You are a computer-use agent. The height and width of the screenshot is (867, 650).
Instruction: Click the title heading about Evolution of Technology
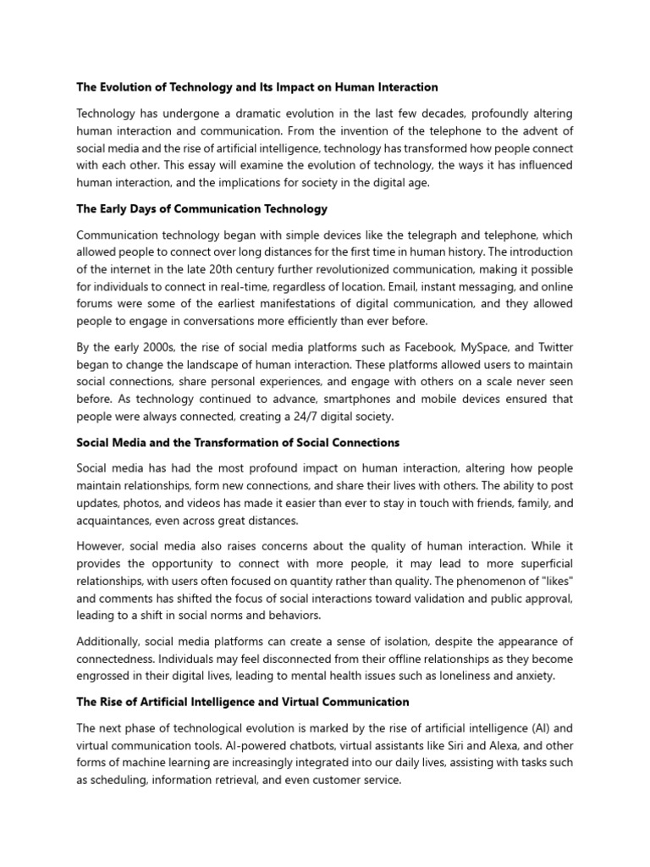(x=257, y=87)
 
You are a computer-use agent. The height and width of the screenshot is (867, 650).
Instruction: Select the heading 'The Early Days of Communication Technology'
(x=201, y=208)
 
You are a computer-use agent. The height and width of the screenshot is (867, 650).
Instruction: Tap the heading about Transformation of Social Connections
(x=238, y=443)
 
